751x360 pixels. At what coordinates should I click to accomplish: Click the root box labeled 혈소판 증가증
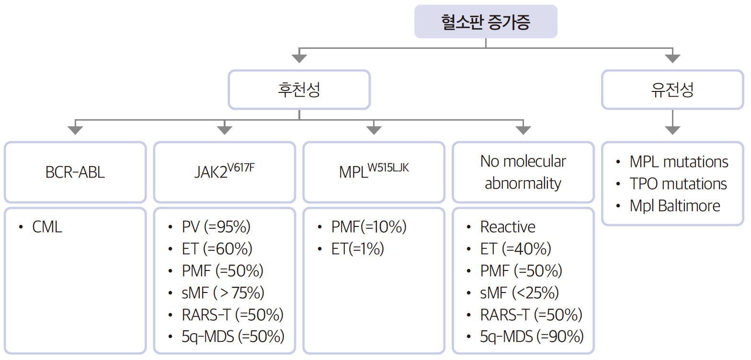pyautogui.click(x=486, y=22)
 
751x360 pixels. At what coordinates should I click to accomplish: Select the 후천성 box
pyautogui.click(x=299, y=90)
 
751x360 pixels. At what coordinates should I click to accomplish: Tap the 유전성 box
pyautogui.click(x=672, y=90)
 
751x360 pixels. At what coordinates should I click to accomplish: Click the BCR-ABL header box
pyautogui.click(x=75, y=172)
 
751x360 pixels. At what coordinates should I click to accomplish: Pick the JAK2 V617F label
pyautogui.click(x=224, y=171)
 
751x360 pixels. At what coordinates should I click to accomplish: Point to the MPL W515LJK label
pyautogui.click(x=374, y=171)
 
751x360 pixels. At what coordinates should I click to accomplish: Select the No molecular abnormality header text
pyautogui.click(x=523, y=172)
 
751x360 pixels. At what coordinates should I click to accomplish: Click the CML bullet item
pyautogui.click(x=47, y=227)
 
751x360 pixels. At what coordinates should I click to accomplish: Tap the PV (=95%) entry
pyautogui.click(x=216, y=227)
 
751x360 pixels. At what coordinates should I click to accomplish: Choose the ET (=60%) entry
pyautogui.click(x=217, y=249)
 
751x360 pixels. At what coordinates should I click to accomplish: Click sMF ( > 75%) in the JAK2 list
pyautogui.click(x=223, y=292)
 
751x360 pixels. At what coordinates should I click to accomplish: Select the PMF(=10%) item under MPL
pyautogui.click(x=368, y=227)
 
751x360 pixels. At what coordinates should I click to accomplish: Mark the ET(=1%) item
pyautogui.click(x=357, y=249)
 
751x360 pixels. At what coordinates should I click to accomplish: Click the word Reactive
pyautogui.click(x=508, y=227)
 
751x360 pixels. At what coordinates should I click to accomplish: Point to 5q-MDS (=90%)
pyautogui.click(x=532, y=337)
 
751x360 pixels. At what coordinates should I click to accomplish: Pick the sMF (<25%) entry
pyautogui.click(x=519, y=292)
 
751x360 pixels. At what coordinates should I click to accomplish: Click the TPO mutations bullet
pyautogui.click(x=678, y=184)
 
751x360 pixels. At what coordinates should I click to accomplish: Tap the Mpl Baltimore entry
pyautogui.click(x=675, y=206)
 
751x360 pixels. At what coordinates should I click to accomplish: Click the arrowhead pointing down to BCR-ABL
pyautogui.click(x=75, y=130)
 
